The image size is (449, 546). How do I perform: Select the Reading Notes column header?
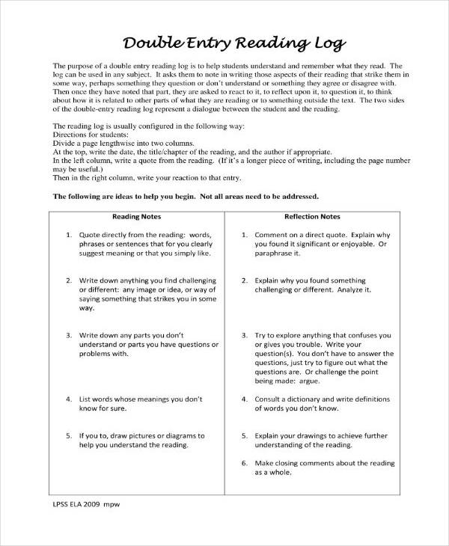pyautogui.click(x=137, y=217)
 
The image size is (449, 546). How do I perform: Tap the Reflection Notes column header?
pyautogui.click(x=311, y=217)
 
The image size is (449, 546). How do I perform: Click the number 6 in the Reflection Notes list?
pyautogui.click(x=244, y=463)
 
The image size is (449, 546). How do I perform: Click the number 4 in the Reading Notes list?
pyautogui.click(x=69, y=400)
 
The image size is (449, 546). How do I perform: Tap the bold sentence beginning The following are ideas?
pyautogui.click(x=186, y=197)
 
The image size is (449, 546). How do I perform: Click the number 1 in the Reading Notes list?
pyautogui.click(x=69, y=234)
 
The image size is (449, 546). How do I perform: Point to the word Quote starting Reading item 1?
pyautogui.click(x=91, y=234)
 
